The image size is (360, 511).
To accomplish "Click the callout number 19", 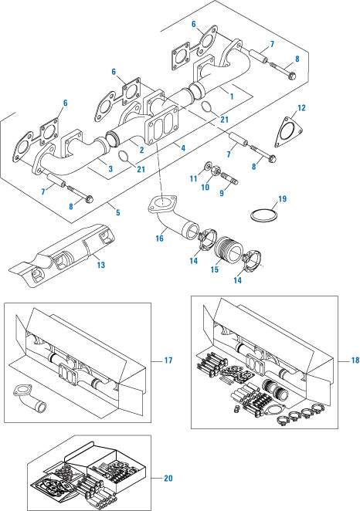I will (282, 198).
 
